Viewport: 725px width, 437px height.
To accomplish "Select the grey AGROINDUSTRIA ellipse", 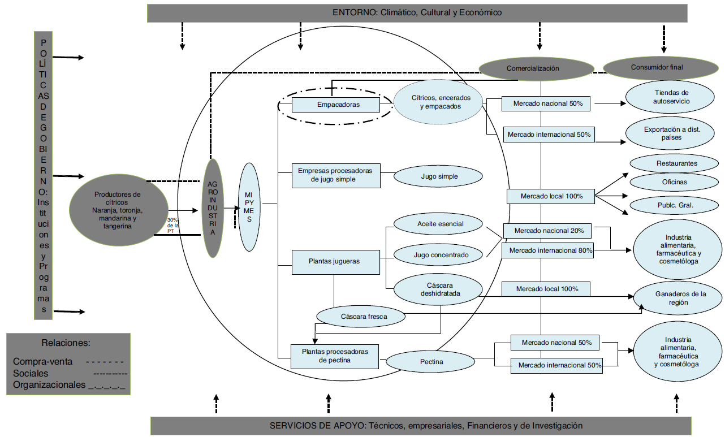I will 213,207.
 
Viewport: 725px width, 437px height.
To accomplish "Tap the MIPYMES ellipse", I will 249,207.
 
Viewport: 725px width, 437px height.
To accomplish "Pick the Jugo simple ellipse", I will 439,176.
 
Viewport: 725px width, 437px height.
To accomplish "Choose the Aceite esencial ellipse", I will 439,224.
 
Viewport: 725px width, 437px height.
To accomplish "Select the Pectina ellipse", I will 431,361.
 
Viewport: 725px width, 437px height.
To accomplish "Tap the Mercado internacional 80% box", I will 547,250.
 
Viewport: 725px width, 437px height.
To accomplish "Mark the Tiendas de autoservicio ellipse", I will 672,97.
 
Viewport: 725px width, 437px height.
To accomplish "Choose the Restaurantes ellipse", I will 676,163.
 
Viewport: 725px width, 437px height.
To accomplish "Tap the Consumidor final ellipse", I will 657,67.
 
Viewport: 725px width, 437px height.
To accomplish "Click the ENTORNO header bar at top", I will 417,12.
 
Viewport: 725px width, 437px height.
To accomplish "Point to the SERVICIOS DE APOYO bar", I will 420,425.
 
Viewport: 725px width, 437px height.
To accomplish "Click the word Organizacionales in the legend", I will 49,385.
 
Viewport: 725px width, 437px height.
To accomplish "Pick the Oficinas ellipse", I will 674,182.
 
